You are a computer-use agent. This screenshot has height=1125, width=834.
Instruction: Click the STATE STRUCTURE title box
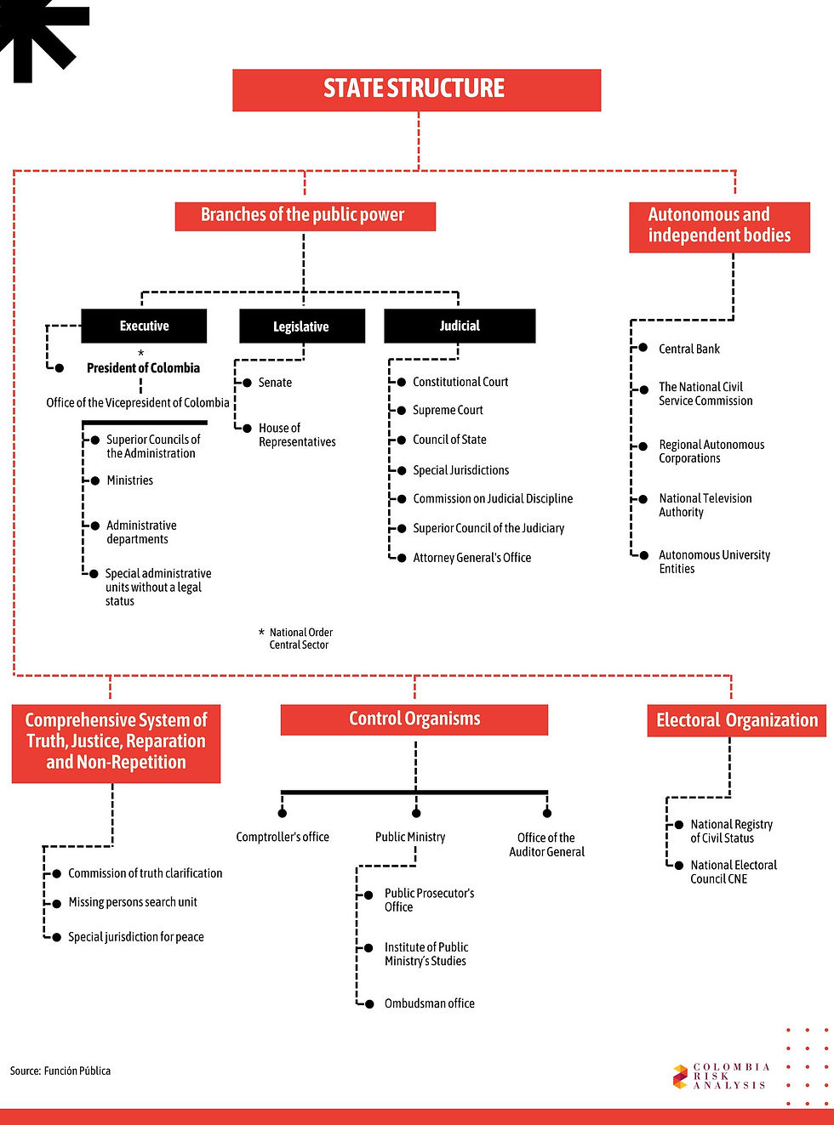click(x=416, y=89)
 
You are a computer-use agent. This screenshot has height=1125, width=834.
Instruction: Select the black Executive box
click(x=144, y=326)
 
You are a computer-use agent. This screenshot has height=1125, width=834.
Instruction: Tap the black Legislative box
click(x=301, y=327)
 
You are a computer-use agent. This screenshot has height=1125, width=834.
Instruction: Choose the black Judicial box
click(x=460, y=326)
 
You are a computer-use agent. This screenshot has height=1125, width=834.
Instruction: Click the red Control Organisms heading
click(x=414, y=719)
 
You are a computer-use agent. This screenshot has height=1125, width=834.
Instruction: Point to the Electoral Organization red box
click(x=736, y=720)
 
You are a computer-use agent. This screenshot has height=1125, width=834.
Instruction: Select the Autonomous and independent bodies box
click(x=719, y=226)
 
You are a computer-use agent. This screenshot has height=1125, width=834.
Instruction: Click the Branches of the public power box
click(x=305, y=216)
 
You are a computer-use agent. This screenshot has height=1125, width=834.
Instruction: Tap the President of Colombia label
click(x=143, y=368)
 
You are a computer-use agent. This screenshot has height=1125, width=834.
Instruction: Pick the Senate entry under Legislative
click(x=275, y=383)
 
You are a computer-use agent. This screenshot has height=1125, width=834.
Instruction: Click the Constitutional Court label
click(x=460, y=382)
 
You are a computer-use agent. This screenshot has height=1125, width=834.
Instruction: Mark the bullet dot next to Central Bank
click(x=643, y=349)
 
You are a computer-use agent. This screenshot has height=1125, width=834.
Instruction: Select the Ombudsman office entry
click(x=429, y=1003)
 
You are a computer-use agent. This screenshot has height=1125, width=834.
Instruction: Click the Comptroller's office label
click(x=283, y=837)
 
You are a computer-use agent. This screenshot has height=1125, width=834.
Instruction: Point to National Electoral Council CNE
click(x=733, y=872)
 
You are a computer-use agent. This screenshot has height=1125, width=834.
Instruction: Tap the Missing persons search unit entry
click(x=133, y=902)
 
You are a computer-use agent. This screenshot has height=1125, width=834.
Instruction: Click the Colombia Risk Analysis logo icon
click(x=680, y=1077)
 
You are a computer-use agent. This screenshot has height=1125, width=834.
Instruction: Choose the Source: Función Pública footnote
click(x=60, y=1071)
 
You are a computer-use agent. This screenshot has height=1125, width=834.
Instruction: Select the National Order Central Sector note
click(x=300, y=639)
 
